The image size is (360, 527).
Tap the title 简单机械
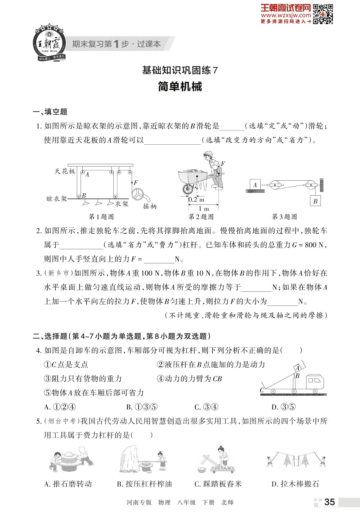point(180,87)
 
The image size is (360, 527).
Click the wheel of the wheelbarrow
point(187,189)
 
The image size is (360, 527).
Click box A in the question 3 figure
point(255,185)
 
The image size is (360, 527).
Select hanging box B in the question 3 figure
point(315,201)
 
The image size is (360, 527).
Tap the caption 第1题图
point(101,217)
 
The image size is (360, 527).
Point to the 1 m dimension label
point(204,209)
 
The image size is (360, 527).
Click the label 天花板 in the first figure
point(65,171)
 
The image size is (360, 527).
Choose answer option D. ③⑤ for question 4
point(283,407)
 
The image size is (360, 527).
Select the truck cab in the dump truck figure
point(314,381)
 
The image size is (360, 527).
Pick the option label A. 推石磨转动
point(68,484)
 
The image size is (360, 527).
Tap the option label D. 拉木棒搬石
point(295,484)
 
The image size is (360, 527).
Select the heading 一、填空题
point(50,112)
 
